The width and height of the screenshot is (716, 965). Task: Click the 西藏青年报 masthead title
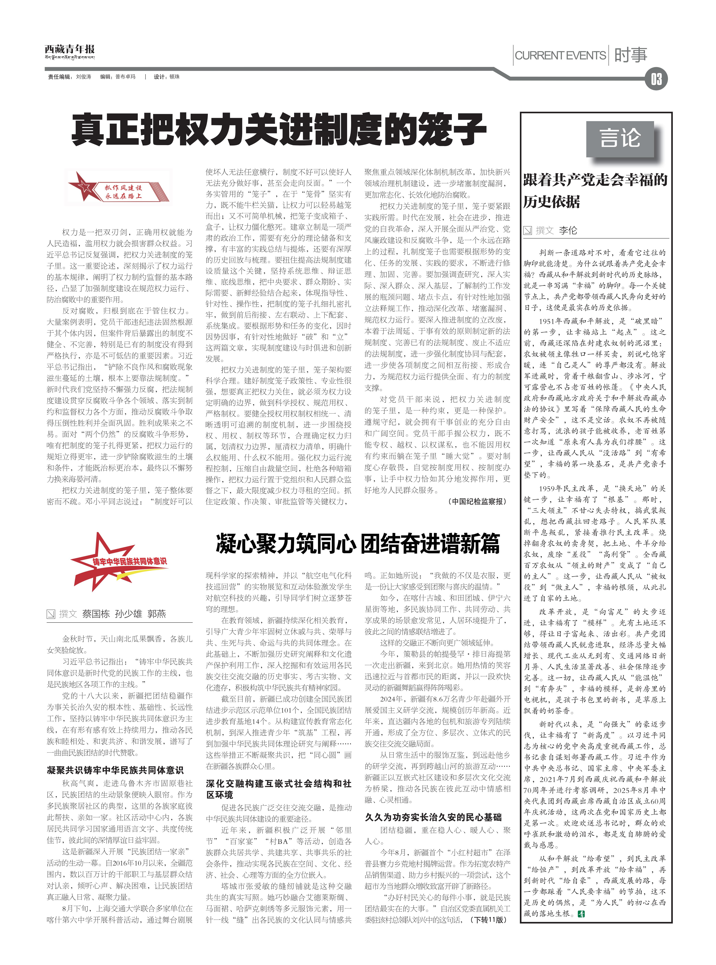[69, 49]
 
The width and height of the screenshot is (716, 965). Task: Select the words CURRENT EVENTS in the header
[560, 55]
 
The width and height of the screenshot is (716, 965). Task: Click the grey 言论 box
[620, 139]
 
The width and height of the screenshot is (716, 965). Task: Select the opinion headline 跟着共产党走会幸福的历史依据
[595, 191]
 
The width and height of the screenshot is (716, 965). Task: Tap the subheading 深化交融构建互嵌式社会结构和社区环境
[278, 789]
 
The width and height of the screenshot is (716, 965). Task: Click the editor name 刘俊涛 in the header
[84, 77]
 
